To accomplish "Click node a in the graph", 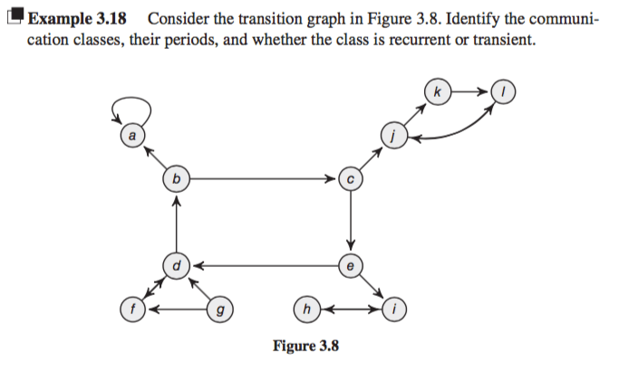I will (x=132, y=136).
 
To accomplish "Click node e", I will (x=350, y=266).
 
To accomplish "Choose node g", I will (x=218, y=310).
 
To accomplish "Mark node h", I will (x=306, y=310).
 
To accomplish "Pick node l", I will (x=502, y=92).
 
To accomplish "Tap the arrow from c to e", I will (x=350, y=223).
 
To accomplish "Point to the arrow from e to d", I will (x=263, y=266).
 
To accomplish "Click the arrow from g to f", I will (x=176, y=310).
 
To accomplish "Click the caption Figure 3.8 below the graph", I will (x=305, y=346).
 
